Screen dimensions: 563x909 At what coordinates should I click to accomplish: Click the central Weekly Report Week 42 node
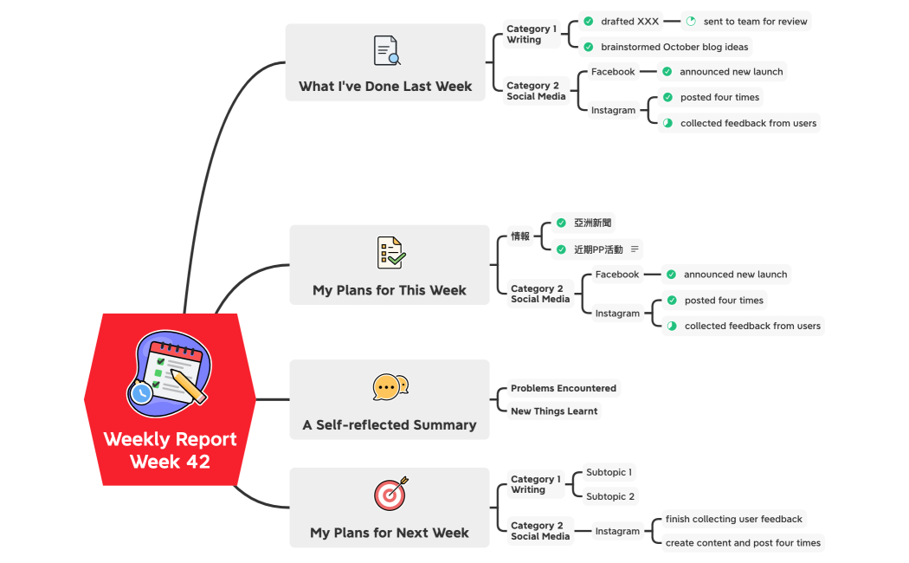170,450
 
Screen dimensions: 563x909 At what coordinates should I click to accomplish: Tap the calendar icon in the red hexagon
170,369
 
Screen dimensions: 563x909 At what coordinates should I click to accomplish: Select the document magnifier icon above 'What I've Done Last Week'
386,50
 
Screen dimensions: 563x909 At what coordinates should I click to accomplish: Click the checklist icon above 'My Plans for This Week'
390,252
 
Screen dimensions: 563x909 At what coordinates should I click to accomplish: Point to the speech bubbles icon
390,386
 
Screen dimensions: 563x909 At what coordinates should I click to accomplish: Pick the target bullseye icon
390,494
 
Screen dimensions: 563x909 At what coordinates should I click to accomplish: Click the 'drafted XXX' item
629,22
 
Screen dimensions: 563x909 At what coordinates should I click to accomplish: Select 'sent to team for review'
755,22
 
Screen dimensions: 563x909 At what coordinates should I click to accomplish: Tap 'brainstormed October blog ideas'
674,47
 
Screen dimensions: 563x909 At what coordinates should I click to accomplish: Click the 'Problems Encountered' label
564,388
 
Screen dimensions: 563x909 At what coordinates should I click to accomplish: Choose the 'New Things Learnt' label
554,411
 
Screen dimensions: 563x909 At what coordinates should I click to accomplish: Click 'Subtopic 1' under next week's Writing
609,473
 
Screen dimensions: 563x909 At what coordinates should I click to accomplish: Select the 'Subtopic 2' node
610,496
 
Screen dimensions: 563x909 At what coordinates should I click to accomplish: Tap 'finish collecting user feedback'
733,520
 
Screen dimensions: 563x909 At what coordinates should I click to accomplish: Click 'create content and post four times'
743,543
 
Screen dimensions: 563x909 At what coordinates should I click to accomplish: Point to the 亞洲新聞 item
592,223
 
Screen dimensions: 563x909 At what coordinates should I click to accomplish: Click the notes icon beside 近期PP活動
635,249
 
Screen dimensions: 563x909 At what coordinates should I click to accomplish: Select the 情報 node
520,236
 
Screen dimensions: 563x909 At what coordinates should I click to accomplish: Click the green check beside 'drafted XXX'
589,22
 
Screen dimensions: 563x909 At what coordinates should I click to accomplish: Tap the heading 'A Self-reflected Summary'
390,425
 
